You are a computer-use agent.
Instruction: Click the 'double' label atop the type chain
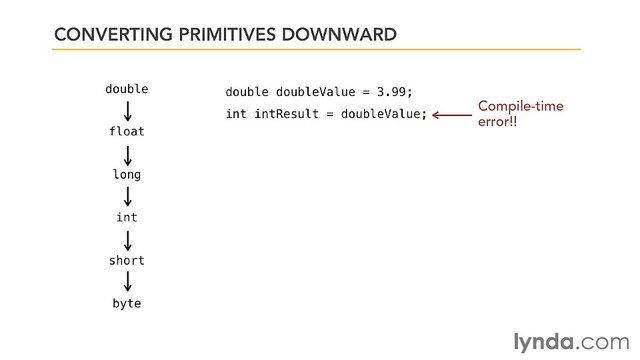[x=127, y=89]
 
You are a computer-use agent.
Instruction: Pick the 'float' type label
[x=127, y=131]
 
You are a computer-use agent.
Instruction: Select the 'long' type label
[x=127, y=174]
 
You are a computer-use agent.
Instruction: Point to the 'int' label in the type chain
[x=127, y=217]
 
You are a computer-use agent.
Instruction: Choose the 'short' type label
[x=127, y=260]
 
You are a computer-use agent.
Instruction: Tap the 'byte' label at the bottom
[x=127, y=303]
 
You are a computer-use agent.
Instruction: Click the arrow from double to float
[x=127, y=110]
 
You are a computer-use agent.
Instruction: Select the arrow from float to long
[x=127, y=153]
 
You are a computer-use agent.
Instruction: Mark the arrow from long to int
[x=127, y=196]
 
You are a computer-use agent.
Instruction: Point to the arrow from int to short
[x=127, y=239]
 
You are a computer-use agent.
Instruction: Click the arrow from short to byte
[x=127, y=282]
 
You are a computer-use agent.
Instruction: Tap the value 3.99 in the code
[x=391, y=92]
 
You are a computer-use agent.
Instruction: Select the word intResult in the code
[x=286, y=114]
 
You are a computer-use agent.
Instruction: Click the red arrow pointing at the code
[x=451, y=114]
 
